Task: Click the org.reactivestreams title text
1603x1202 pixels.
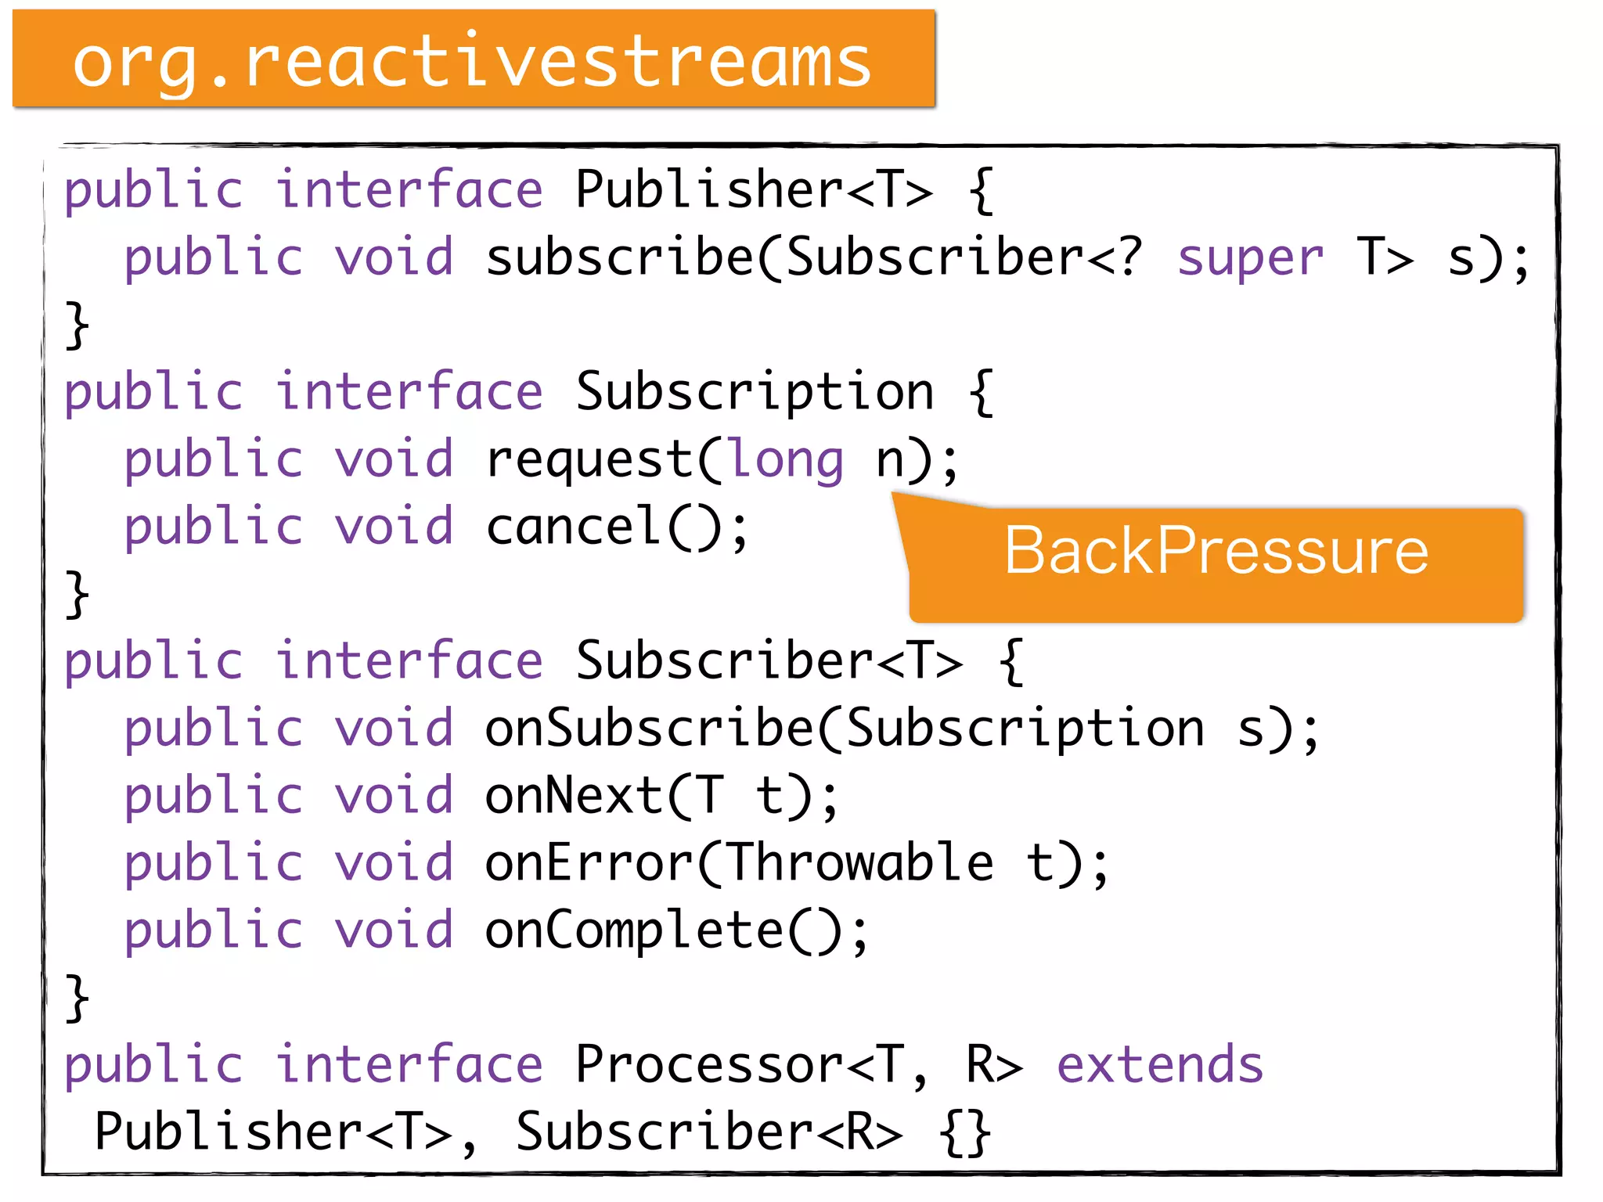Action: [472, 63]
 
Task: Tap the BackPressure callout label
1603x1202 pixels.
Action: [1216, 552]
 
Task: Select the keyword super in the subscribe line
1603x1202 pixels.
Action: [1249, 257]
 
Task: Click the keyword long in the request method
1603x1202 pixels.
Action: [787, 459]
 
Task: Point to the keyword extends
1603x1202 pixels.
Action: [1159, 1065]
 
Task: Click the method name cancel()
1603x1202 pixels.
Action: [616, 527]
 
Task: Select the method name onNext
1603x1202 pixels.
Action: [573, 796]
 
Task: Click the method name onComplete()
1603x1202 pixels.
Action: [675, 930]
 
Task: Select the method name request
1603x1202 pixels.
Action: [589, 459]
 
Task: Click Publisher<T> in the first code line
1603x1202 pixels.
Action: [754, 190]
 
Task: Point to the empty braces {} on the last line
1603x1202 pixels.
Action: [965, 1132]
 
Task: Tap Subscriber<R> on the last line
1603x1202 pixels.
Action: [708, 1132]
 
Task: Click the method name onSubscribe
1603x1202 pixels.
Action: [650, 729]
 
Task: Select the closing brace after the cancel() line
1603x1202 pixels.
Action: [77, 595]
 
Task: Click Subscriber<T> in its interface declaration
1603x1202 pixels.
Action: [769, 661]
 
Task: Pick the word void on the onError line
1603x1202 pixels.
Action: [394, 863]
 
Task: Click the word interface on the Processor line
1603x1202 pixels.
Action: [409, 1065]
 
